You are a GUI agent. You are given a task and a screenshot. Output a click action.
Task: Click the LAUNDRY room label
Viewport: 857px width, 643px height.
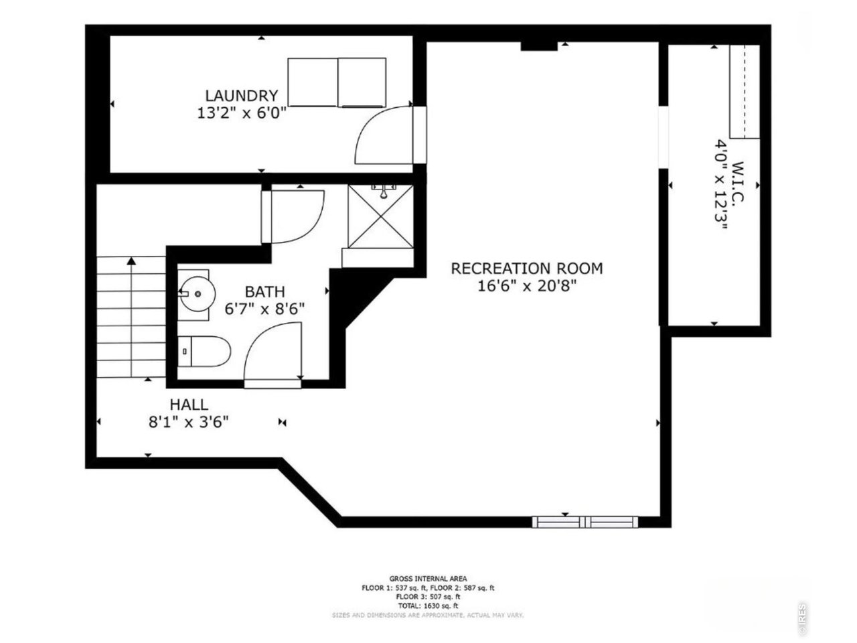(241, 95)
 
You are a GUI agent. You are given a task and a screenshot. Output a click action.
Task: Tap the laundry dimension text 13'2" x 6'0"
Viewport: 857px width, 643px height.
(241, 113)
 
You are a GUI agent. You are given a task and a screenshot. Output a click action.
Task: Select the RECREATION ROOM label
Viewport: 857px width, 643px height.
(526, 269)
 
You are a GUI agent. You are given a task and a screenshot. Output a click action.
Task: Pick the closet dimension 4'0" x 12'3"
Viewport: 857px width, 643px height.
(721, 184)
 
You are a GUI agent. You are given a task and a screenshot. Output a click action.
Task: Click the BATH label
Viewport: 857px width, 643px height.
(264, 291)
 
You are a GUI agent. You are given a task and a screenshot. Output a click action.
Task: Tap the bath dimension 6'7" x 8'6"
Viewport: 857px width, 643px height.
(264, 309)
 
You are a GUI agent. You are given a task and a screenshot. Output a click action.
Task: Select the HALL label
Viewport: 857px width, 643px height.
(188, 405)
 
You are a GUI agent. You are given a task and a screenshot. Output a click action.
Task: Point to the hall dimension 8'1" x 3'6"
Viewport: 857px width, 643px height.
(188, 422)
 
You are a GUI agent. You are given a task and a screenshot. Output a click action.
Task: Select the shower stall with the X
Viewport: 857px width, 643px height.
(380, 216)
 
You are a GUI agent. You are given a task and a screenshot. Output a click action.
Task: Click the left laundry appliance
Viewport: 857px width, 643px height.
(313, 82)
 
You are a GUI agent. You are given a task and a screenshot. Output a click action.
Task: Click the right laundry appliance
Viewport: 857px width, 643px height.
(362, 82)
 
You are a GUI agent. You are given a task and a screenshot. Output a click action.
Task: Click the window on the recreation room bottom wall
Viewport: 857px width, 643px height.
(585, 522)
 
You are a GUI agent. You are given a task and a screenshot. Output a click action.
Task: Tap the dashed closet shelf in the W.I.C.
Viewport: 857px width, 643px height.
(743, 92)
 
